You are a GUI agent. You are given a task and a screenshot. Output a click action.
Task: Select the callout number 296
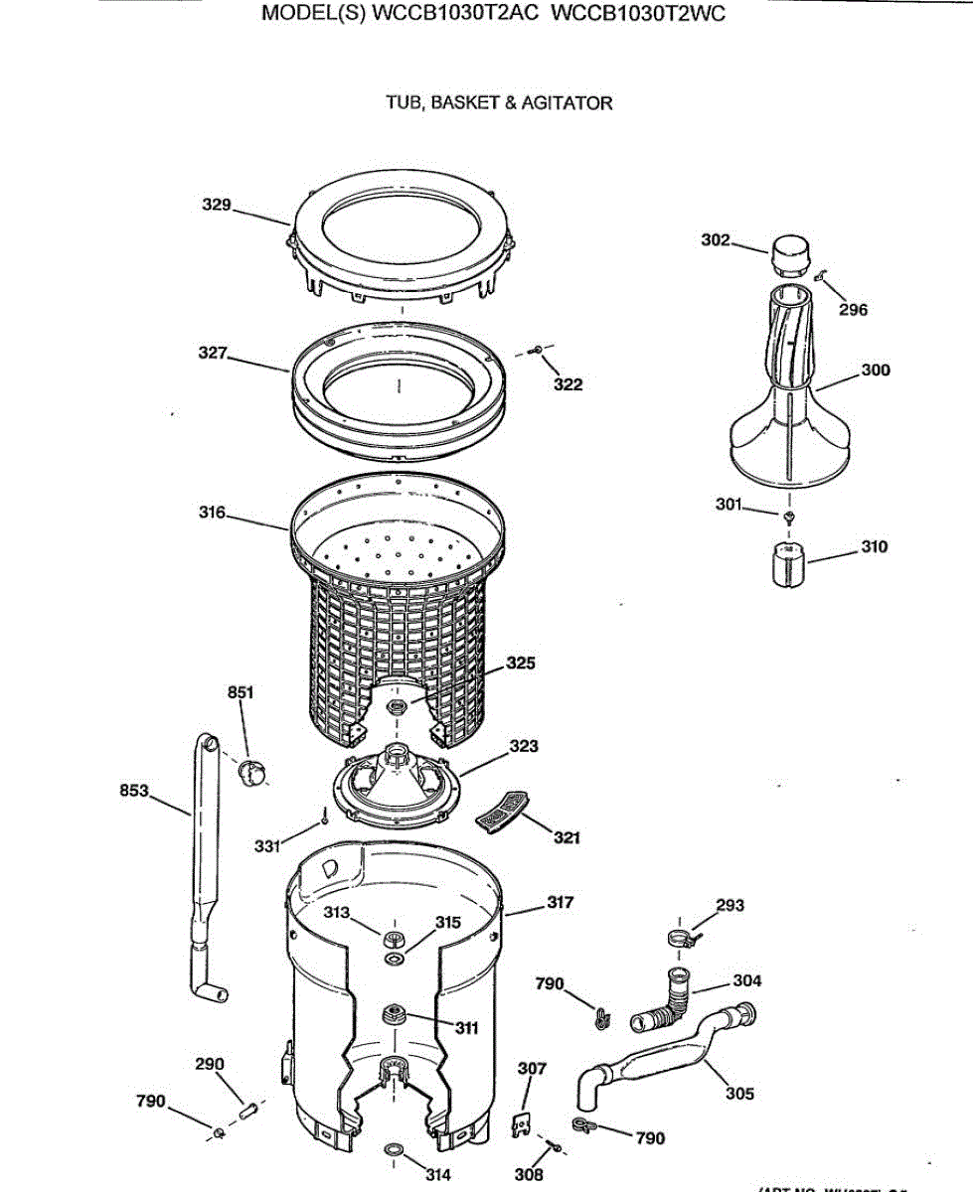(852, 310)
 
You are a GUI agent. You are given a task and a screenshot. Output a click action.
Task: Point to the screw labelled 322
(538, 350)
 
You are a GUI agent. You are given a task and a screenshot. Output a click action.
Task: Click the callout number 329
(216, 205)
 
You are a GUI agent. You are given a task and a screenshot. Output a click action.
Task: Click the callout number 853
(134, 791)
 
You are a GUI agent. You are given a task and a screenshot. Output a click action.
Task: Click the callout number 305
(738, 1094)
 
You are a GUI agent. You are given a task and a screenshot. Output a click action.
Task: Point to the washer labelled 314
(393, 1150)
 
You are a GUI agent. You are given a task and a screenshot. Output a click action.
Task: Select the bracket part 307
(519, 1122)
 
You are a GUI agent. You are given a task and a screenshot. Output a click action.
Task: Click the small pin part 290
(248, 1105)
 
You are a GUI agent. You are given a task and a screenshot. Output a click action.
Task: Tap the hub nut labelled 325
(397, 706)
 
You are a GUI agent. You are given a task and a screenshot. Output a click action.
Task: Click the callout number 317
(561, 903)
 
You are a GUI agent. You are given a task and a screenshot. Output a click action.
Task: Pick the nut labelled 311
(392, 1014)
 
